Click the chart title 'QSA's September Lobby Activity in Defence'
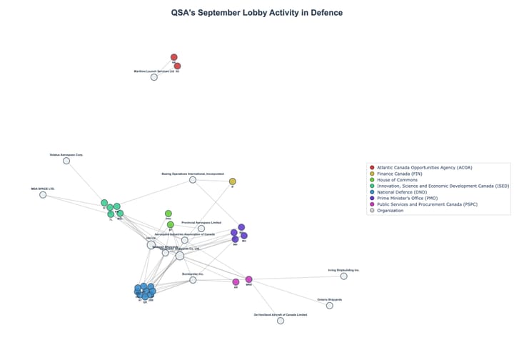pos(256,13)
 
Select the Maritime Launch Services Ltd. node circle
pos(153,77)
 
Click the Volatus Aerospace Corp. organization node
pos(66,161)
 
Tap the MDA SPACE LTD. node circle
pos(43,195)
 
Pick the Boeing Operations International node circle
pos(193,180)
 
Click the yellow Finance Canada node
pos(232,181)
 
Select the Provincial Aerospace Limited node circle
pos(201,229)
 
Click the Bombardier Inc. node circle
pos(193,280)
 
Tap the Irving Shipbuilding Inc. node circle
pos(343,276)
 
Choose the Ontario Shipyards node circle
pos(329,306)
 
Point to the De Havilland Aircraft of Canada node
pos(281,321)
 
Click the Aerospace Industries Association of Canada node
pos(185,240)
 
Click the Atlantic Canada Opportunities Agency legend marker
pos(372,167)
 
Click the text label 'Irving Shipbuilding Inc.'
pos(343,270)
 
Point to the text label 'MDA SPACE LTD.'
pos(43,189)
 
